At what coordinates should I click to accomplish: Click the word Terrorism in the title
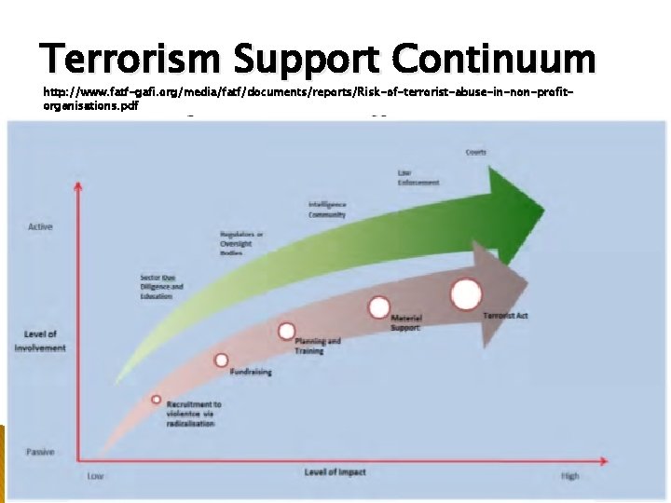pos(130,60)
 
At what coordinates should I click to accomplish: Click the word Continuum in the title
pos(493,60)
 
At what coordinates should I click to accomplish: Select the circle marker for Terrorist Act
pos(466,294)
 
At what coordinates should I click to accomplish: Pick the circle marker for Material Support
pos(378,307)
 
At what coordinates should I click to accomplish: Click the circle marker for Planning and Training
pos(287,331)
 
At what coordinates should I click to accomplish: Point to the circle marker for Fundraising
pos(222,360)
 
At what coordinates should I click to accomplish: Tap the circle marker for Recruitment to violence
pos(157,400)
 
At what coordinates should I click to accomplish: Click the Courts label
pos(475,152)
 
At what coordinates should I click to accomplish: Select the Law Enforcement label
pos(418,178)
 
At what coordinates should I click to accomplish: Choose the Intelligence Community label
pos(327,210)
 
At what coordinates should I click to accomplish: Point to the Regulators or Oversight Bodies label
pos(241,243)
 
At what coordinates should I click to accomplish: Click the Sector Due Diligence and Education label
pos(157,287)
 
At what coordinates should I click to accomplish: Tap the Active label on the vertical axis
pos(40,226)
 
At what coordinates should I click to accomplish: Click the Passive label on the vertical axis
pos(40,453)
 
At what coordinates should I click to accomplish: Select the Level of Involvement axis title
pos(40,341)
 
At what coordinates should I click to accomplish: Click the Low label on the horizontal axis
pos(95,475)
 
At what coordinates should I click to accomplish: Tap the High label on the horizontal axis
pos(569,475)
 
